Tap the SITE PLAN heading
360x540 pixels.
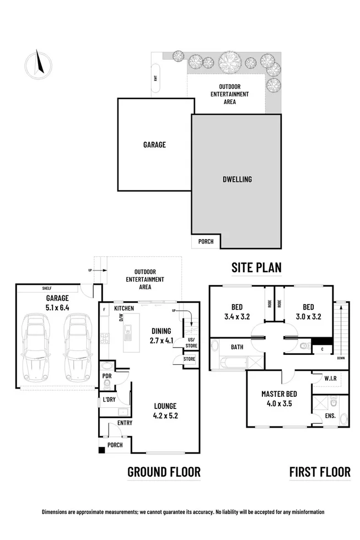[256, 268]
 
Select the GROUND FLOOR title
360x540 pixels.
[164, 472]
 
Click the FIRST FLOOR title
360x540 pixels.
[320, 472]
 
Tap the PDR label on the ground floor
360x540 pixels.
[107, 377]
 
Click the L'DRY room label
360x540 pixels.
[109, 399]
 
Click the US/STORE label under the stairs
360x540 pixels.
[191, 343]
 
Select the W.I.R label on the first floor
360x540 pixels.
[330, 379]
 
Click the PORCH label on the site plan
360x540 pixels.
[206, 241]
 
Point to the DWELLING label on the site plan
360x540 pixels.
[237, 179]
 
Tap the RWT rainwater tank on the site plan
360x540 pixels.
[156, 78]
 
